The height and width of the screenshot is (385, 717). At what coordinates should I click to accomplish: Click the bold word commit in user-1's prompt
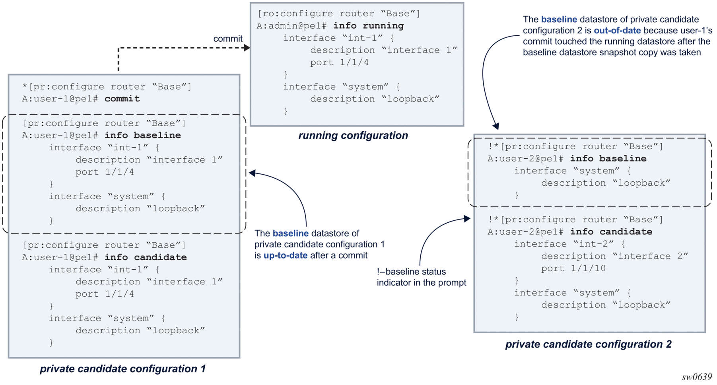pyautogui.click(x=122, y=99)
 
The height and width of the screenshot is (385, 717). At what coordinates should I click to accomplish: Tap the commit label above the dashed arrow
pyautogui.click(x=228, y=39)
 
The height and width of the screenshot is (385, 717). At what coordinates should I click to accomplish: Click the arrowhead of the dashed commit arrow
pyautogui.click(x=247, y=48)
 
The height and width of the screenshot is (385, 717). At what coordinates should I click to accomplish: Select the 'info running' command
pyautogui.click(x=368, y=26)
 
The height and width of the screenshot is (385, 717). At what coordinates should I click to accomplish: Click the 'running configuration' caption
pyautogui.click(x=353, y=136)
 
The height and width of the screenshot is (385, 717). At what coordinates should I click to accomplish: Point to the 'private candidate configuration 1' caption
pyautogui.click(x=122, y=369)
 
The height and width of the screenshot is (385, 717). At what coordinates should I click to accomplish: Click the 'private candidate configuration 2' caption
pyautogui.click(x=588, y=344)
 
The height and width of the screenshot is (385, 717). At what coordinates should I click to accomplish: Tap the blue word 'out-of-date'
pyautogui.click(x=617, y=31)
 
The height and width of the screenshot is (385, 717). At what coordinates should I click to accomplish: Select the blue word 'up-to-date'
pyautogui.click(x=286, y=255)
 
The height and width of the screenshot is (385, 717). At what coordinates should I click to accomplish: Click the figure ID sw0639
pyautogui.click(x=697, y=377)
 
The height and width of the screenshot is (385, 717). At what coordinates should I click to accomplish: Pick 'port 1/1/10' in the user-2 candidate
pyautogui.click(x=573, y=268)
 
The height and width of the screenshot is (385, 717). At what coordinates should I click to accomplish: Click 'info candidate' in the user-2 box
pyautogui.click(x=611, y=232)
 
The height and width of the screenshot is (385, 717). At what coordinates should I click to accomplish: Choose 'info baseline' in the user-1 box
pyautogui.click(x=143, y=136)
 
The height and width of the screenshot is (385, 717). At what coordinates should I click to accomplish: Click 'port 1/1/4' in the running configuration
pyautogui.click(x=339, y=62)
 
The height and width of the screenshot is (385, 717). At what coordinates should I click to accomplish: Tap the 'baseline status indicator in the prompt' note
pyautogui.click(x=421, y=277)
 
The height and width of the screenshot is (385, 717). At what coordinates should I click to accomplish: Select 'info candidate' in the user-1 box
pyautogui.click(x=146, y=257)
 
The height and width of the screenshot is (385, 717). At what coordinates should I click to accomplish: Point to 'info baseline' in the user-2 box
pyautogui.click(x=608, y=159)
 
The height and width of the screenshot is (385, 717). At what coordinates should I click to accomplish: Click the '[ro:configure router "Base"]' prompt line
pyautogui.click(x=339, y=14)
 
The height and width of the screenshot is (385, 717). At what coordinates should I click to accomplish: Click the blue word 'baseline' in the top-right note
pyautogui.click(x=559, y=19)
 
